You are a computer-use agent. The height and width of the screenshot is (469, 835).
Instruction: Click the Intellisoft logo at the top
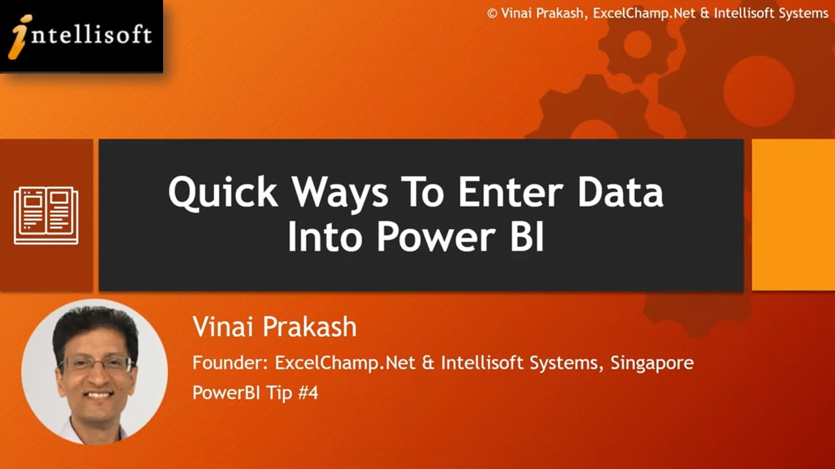click(81, 36)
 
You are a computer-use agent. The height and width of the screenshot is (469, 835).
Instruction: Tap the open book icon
click(46, 216)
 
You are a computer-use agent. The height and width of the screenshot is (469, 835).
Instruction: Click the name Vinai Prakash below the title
click(275, 326)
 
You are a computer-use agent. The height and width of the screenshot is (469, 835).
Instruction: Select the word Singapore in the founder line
click(652, 363)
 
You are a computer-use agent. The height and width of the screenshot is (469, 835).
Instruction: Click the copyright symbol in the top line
click(493, 13)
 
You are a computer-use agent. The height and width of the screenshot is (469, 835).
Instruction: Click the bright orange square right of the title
click(793, 215)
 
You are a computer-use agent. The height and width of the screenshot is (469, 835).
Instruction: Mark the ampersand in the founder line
click(428, 363)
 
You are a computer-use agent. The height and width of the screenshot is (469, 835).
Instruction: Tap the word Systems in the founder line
click(568, 363)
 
